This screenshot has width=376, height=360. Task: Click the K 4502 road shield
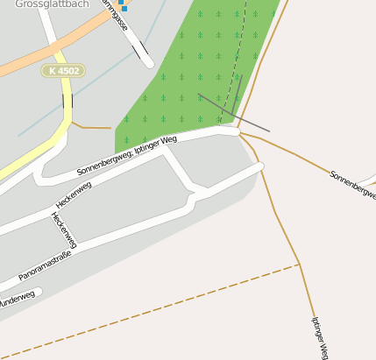[63, 70]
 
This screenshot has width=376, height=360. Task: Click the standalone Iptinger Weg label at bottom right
[319, 337]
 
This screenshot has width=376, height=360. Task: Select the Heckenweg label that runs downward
[64, 230]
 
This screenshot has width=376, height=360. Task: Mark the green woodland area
[193, 79]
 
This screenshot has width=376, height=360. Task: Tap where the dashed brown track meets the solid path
[299, 264]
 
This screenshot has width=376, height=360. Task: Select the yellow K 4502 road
[44, 154]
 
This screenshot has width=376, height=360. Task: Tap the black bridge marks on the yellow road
[67, 102]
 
